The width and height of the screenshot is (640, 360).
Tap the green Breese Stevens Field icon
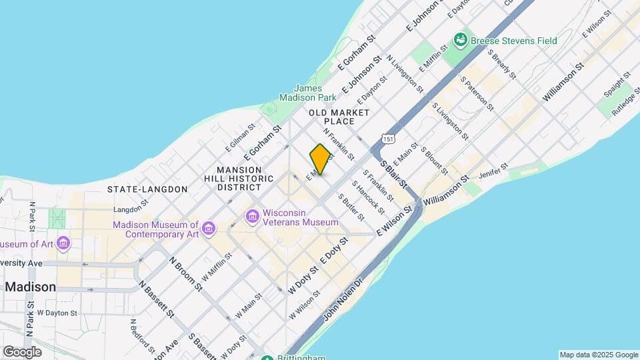pos(460,41)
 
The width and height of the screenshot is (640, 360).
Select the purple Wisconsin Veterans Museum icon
pos(252,217)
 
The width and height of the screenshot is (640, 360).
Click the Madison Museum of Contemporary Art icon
pos(209,229)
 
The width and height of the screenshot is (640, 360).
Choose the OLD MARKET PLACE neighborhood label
pos(339,117)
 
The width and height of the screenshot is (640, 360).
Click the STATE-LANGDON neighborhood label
pos(147,189)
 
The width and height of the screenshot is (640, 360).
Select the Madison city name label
pos(31,287)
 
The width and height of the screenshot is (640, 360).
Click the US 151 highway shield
pos(387,138)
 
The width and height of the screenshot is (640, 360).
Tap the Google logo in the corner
pos(22,351)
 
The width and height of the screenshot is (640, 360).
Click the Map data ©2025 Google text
pos(598,355)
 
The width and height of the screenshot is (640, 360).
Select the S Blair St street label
pos(393,172)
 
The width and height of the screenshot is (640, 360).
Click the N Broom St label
pos(186,274)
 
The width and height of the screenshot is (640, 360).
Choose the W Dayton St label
pos(57,313)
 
